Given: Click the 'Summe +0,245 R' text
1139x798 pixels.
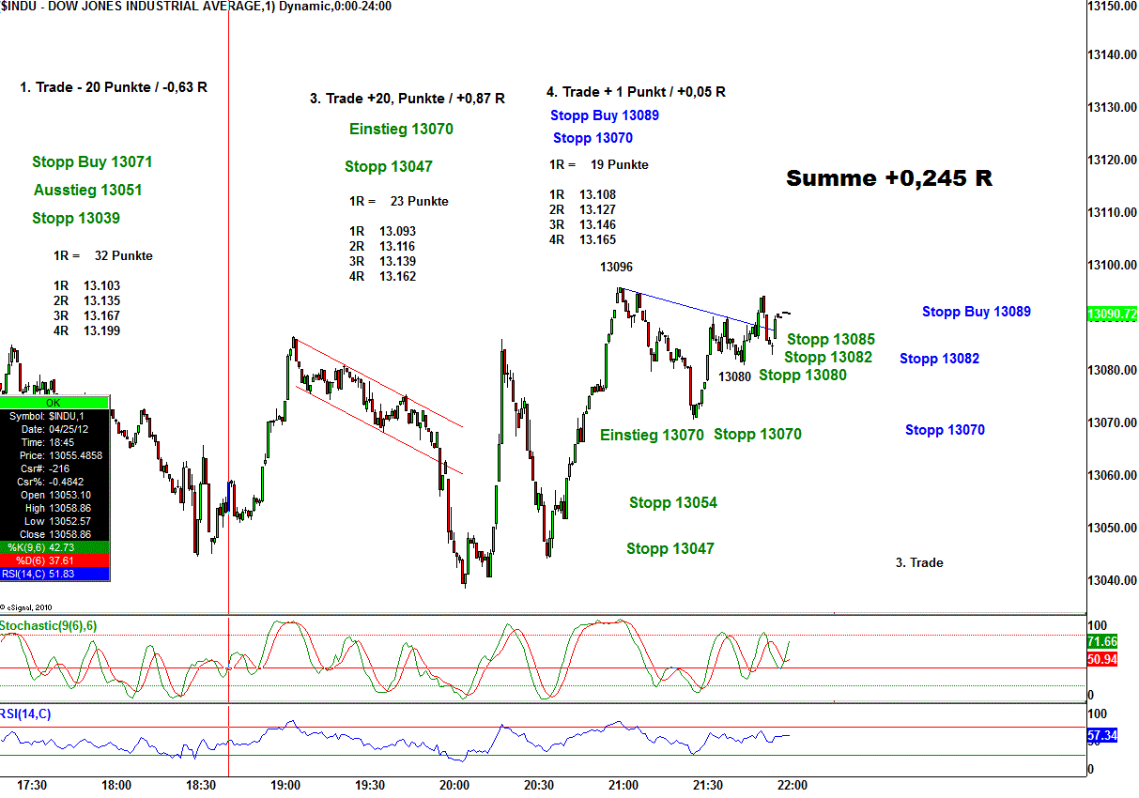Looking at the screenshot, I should [888, 178].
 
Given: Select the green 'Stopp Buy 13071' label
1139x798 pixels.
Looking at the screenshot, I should [92, 162].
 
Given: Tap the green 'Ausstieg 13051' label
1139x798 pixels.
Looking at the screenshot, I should [88, 191].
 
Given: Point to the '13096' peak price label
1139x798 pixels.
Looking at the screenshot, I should [616, 268].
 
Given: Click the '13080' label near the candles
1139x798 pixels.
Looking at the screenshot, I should [735, 376].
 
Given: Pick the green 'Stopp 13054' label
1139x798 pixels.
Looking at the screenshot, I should [673, 503].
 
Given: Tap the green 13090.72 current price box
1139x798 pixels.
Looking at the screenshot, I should [1112, 314].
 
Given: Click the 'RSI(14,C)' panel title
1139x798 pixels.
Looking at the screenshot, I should [26, 714].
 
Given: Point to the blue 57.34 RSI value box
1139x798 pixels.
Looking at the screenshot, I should [1101, 736].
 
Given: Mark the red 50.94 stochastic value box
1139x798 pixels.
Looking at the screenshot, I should [1101, 660].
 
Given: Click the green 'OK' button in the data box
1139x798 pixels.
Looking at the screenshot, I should [54, 402].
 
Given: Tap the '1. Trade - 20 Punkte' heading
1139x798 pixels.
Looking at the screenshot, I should [114, 87].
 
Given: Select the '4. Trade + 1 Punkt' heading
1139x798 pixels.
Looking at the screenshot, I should [636, 92].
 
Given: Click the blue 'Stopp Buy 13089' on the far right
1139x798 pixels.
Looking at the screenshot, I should [977, 312].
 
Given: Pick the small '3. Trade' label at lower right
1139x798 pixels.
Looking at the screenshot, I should [919, 563].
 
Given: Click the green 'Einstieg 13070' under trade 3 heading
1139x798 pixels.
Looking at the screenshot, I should [401, 130].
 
